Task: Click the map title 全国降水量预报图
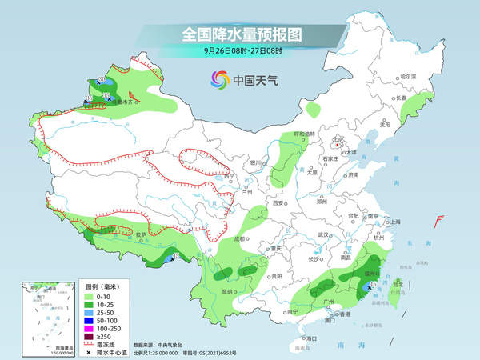[241, 34]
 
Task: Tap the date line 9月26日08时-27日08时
[241, 50]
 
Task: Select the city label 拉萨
[140, 234]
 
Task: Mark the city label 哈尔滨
[409, 76]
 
